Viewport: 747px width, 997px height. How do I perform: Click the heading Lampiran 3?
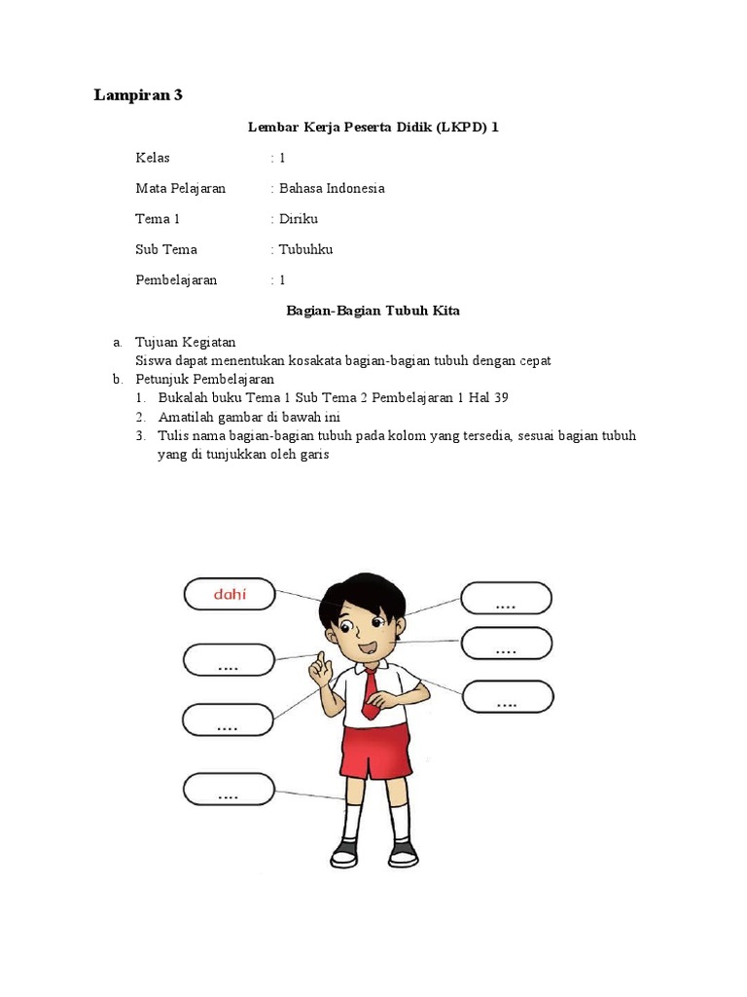[137, 94]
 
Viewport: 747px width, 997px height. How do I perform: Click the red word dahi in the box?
[230, 593]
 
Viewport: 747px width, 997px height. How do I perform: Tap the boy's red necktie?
[371, 693]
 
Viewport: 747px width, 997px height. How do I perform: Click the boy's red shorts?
[373, 754]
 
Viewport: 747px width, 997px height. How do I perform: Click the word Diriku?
[299, 219]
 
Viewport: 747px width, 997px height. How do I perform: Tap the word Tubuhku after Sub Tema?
[305, 249]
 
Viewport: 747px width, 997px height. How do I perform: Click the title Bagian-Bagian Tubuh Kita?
[373, 311]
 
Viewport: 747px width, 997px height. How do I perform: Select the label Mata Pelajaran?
[180, 188]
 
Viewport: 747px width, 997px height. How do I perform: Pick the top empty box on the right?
[506, 598]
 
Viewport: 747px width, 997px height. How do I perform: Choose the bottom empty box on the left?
[229, 789]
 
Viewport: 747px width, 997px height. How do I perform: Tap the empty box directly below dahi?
[229, 659]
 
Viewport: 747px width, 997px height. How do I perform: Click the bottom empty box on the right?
[508, 696]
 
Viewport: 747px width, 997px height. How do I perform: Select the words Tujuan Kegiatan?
[185, 342]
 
